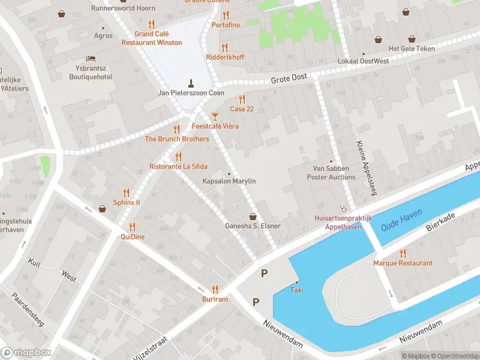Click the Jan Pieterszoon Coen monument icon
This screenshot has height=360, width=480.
(191, 83)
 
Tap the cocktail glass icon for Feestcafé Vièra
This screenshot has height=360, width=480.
(215, 115)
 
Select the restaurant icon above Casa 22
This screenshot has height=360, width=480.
(242, 99)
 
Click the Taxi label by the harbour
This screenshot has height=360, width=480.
(296, 290)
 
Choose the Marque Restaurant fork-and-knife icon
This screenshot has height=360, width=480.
(403, 253)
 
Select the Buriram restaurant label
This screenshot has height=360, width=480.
(215, 299)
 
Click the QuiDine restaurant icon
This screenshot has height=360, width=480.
(132, 227)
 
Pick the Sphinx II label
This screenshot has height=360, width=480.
(127, 203)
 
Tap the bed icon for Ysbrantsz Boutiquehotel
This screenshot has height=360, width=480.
(91, 58)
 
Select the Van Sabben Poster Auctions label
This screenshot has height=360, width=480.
(331, 173)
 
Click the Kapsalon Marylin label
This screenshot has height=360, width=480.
(229, 181)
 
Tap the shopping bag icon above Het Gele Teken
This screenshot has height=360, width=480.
(379, 40)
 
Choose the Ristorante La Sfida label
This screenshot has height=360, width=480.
(178, 166)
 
